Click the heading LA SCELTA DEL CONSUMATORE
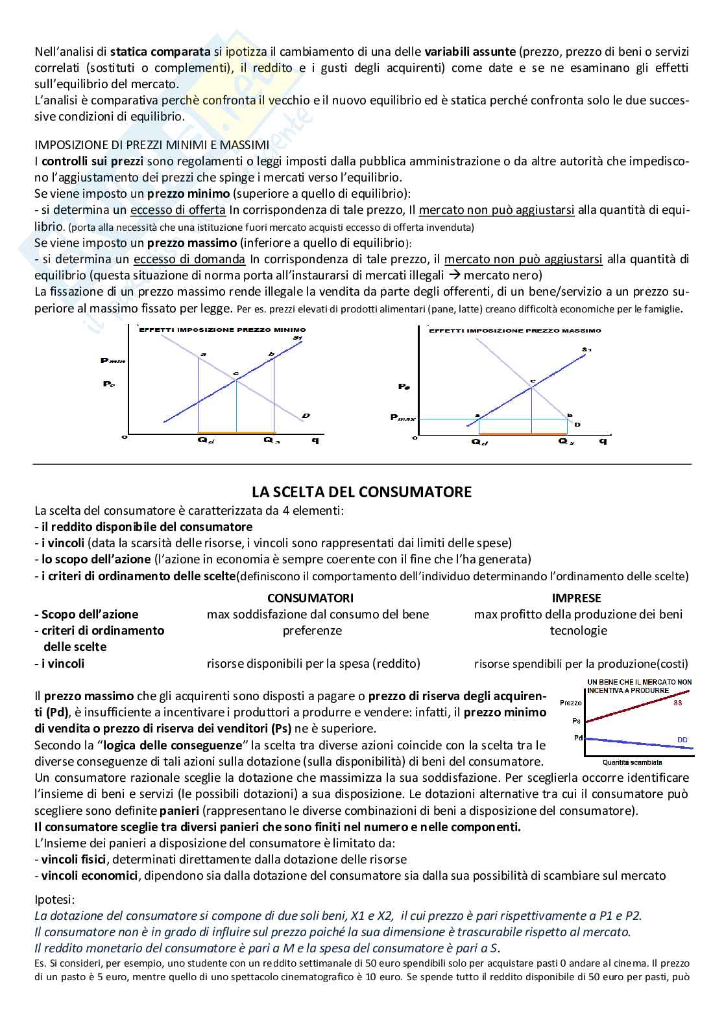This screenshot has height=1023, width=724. pyautogui.click(x=362, y=492)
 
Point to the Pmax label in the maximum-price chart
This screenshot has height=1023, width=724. pyautogui.click(x=403, y=418)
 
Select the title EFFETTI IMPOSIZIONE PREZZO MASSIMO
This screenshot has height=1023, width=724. pyautogui.click(x=515, y=331)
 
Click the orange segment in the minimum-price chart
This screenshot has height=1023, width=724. pyautogui.click(x=236, y=432)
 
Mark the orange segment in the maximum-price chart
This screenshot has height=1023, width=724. pyautogui.click(x=522, y=434)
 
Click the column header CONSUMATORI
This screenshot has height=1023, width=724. pyautogui.click(x=310, y=598)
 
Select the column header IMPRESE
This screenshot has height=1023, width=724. pyautogui.click(x=576, y=598)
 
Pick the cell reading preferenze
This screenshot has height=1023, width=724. pyautogui.click(x=312, y=630)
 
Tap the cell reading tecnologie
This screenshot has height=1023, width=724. pyautogui.click(x=578, y=630)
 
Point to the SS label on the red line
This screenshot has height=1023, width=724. pyautogui.click(x=678, y=703)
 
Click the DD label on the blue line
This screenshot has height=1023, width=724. pyautogui.click(x=682, y=739)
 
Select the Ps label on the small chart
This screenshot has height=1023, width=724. pyautogui.click(x=577, y=720)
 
